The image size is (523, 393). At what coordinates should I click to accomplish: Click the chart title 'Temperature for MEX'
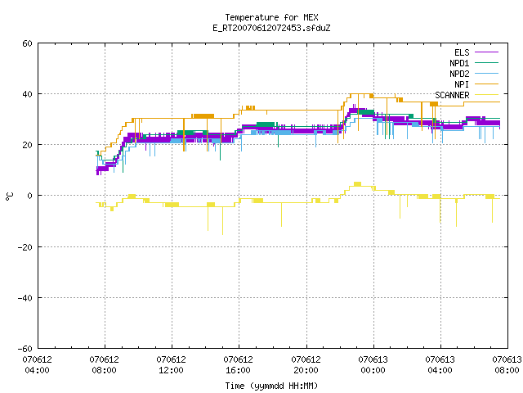pyautogui.click(x=271, y=17)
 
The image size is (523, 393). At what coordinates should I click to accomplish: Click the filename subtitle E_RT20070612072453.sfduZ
pyautogui.click(x=271, y=28)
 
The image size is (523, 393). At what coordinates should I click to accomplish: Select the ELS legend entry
pyautogui.click(x=476, y=52)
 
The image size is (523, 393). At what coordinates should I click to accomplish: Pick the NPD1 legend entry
pyautogui.click(x=474, y=63)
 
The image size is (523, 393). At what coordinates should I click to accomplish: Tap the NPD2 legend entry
pyautogui.click(x=474, y=74)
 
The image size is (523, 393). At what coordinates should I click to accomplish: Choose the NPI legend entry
pyautogui.click(x=476, y=84)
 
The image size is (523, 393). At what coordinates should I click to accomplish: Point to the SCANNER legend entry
pyautogui.click(x=467, y=95)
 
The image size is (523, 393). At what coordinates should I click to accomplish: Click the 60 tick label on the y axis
pyautogui.click(x=27, y=43)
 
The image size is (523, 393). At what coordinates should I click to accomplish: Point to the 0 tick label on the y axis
pyautogui.click(x=30, y=196)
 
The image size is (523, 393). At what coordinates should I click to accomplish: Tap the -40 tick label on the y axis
pyautogui.click(x=25, y=298)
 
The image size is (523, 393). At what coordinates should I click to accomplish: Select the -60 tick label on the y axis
pyautogui.click(x=25, y=349)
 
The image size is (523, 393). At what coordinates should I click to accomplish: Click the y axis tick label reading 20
pyautogui.click(x=27, y=145)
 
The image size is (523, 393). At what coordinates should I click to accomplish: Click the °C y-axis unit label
pyautogui.click(x=10, y=196)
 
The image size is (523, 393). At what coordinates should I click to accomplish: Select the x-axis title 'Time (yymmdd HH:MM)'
pyautogui.click(x=271, y=386)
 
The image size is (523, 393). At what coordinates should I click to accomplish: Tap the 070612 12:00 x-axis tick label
pyautogui.click(x=171, y=365)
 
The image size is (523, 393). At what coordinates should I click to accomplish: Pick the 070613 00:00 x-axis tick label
pyautogui.click(x=373, y=365)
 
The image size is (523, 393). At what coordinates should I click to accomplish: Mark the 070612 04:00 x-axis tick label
pyautogui.click(x=37, y=365)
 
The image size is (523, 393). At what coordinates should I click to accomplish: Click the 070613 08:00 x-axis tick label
pyautogui.click(x=507, y=365)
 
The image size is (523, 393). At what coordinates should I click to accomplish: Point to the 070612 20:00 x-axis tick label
pyautogui.click(x=306, y=365)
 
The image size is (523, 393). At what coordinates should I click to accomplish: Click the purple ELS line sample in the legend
pyautogui.click(x=487, y=52)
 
